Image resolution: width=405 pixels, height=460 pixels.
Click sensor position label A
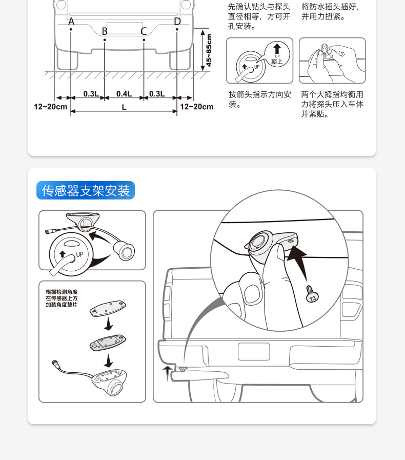(71, 22)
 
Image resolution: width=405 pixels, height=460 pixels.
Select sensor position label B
(105, 31)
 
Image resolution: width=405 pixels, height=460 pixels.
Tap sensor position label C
(144, 31)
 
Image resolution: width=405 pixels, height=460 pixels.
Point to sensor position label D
(177, 22)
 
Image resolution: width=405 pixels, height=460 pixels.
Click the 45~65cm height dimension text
(209, 50)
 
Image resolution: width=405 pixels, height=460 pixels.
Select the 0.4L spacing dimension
(124, 94)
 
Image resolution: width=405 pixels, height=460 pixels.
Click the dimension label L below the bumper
(124, 107)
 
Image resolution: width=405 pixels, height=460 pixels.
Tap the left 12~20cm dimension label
(50, 107)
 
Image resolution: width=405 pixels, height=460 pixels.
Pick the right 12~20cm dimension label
(197, 107)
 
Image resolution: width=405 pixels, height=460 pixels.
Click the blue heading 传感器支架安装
(86, 191)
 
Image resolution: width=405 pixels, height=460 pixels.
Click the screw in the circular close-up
(312, 294)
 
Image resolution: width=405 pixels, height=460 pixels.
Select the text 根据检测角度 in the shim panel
(62, 292)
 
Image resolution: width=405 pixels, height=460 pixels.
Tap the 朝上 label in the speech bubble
(277, 62)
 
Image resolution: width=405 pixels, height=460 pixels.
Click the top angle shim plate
(108, 308)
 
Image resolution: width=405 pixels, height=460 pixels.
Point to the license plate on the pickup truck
(254, 351)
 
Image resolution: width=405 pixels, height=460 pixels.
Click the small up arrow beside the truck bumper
(167, 373)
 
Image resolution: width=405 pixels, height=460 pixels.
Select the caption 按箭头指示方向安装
(260, 99)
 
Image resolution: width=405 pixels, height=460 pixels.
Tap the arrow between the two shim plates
(109, 324)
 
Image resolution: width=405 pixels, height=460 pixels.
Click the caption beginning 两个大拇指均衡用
(332, 104)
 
